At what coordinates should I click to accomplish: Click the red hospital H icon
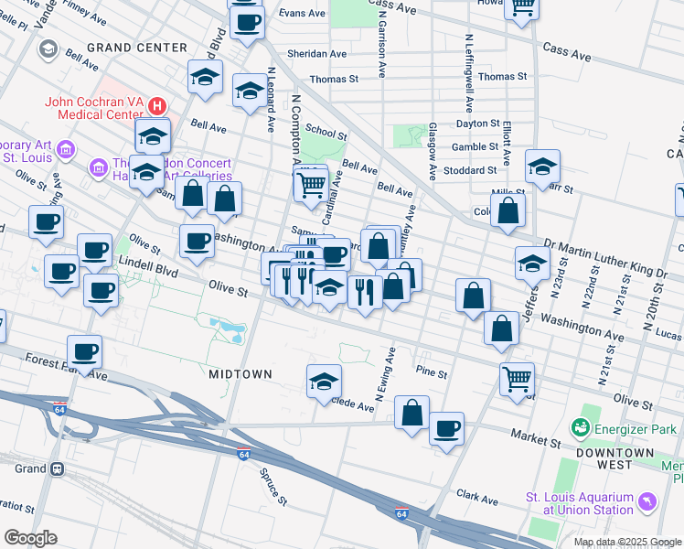pyautogui.click(x=157, y=106)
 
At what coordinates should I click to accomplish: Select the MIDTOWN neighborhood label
pyautogui.click(x=240, y=374)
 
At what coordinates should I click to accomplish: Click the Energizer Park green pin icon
pyautogui.click(x=579, y=427)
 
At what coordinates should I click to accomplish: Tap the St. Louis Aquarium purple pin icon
pyautogui.click(x=647, y=502)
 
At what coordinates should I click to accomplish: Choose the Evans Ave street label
pyautogui.click(x=302, y=14)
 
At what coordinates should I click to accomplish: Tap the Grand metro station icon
pyautogui.click(x=57, y=468)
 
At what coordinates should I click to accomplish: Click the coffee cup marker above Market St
pyautogui.click(x=446, y=428)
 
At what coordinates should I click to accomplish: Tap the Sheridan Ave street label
pyautogui.click(x=316, y=54)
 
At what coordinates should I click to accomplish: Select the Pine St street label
pyautogui.click(x=431, y=373)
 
